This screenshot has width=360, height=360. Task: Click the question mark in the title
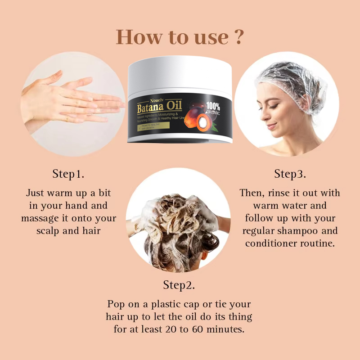pyautogui.click(x=239, y=37)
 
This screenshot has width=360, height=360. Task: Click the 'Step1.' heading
pyautogui.click(x=68, y=173)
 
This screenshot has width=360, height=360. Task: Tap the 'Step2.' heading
pyautogui.click(x=179, y=285)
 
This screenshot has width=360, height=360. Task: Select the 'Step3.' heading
pyautogui.click(x=290, y=173)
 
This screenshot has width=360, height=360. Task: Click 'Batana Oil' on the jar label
pyautogui.click(x=160, y=107)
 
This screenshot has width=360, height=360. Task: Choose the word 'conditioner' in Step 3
pyautogui.click(x=271, y=243)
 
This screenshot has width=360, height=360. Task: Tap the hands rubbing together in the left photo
pyautogui.click(x=67, y=101)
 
